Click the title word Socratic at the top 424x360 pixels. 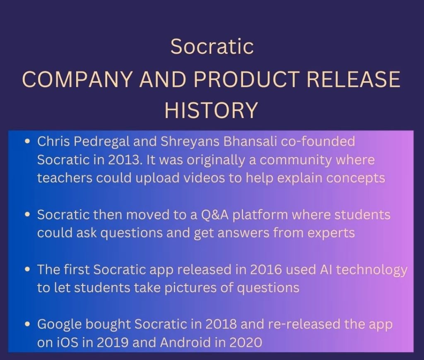[x=212, y=46]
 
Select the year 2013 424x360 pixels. [x=121, y=159]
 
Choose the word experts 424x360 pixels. [x=331, y=233]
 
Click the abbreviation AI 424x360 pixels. [x=326, y=270]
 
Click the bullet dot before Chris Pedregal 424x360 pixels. [x=28, y=142]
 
